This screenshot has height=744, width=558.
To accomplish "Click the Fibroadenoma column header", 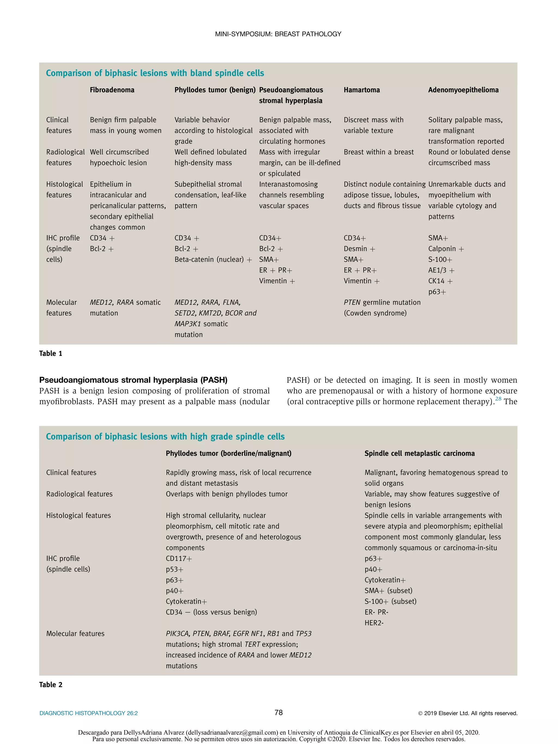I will click(112, 90).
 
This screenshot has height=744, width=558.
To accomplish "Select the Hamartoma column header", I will click(362, 90).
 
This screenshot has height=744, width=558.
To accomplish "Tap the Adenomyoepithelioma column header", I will click(463, 90).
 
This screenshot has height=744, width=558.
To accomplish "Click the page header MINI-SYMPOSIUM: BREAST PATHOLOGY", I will click(278, 34).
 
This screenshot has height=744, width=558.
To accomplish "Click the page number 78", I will click(278, 713).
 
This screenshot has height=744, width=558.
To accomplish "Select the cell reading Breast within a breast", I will click(378, 152).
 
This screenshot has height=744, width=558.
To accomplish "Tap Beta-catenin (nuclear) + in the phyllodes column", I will click(213, 260).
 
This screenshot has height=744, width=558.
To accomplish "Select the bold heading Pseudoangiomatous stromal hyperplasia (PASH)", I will click(133, 380).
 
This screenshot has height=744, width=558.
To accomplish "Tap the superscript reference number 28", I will click(498, 399).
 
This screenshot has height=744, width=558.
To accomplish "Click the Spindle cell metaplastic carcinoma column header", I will click(419, 453).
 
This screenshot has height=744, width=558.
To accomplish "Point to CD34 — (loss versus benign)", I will click(211, 612).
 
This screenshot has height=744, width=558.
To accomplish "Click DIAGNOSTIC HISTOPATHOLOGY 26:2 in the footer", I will click(89, 713).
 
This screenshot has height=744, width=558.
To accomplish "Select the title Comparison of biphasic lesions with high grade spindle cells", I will click(165, 437).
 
